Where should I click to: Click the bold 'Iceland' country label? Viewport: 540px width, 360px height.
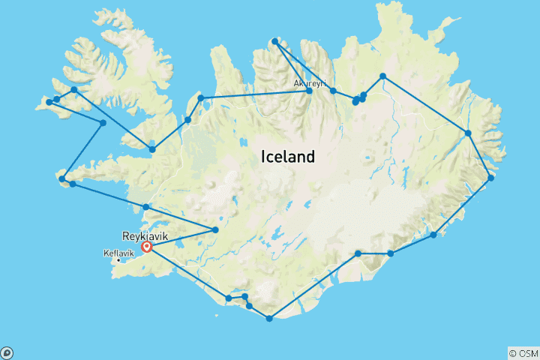pos(287,157)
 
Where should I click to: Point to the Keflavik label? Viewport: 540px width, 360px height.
pos(114,253)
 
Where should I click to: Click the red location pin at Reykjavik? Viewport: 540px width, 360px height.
pos(147,246)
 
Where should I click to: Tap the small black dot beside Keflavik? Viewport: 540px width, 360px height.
pos(118,260)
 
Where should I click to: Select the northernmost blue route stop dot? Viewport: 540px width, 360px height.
pos(275,40)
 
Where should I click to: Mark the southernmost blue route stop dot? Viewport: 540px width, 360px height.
pos(269,319)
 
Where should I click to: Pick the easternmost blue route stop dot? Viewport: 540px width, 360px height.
pos(491,178)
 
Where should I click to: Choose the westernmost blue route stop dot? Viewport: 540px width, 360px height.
pos(49,102)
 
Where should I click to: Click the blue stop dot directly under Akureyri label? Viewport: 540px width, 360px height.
pos(309,91)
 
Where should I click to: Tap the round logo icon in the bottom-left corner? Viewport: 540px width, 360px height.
pos(7,352)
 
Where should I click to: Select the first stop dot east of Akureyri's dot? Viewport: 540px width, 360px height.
pos(333,91)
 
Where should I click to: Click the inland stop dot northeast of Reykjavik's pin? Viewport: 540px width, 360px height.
pos(216,229)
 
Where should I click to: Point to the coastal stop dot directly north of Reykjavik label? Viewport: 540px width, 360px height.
pos(146,206)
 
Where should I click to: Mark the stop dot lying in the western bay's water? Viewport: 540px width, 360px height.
pos(103,122)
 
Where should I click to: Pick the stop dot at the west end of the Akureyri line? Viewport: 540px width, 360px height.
pos(201,97)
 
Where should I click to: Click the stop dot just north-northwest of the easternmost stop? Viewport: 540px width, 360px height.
pos(468,133)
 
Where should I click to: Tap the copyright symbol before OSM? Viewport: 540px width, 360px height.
pos(512,352)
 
